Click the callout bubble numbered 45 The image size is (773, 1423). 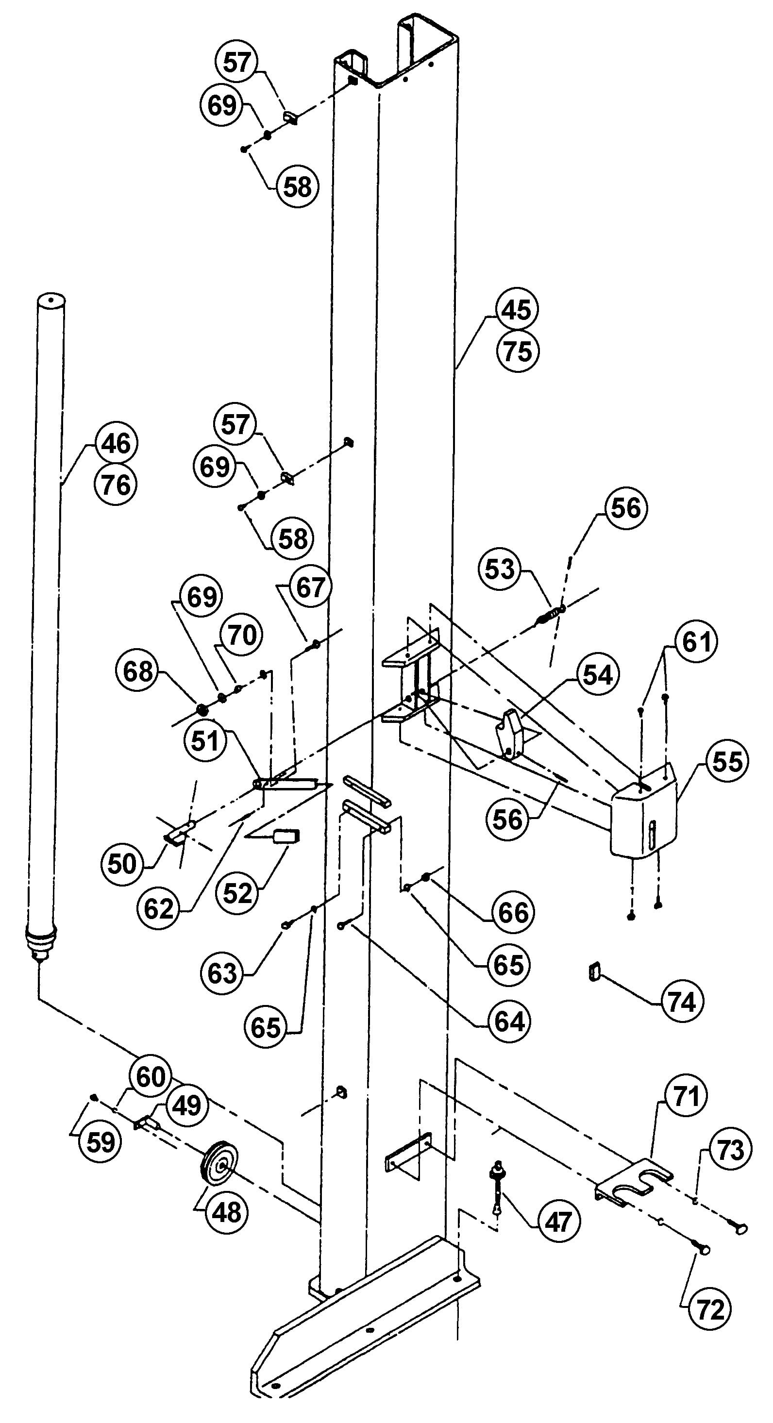(517, 310)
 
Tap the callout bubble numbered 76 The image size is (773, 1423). (116, 485)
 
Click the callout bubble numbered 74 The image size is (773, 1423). (682, 1001)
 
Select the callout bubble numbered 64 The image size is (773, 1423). (509, 1021)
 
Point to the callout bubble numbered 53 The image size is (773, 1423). (500, 569)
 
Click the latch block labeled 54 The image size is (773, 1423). (509, 734)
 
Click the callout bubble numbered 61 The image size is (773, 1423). (696, 641)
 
